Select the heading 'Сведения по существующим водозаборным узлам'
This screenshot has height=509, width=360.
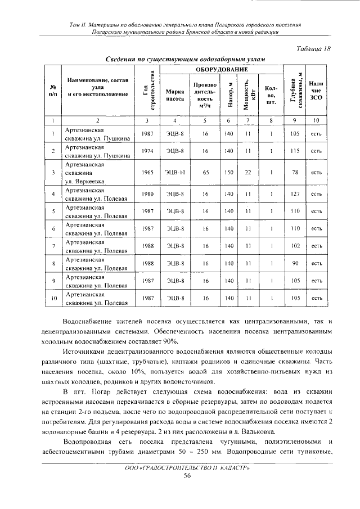pos(185,58)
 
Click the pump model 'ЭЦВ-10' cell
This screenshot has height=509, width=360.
pos(175,173)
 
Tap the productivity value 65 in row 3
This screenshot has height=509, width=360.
pos(205,173)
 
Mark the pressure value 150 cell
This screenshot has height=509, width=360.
pos(228,173)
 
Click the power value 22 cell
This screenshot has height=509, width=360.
pos(247,173)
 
